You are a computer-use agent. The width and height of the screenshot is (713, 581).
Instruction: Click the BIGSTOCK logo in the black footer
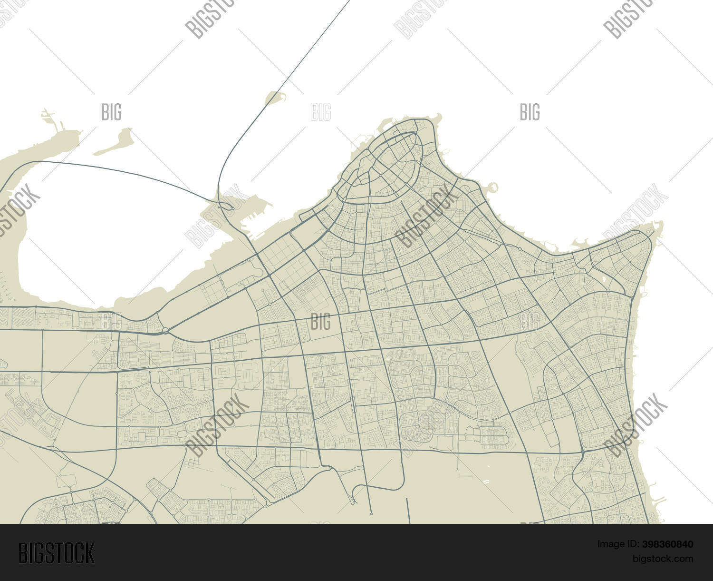click(x=57, y=553)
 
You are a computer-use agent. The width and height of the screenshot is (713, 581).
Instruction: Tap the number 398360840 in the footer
click(x=667, y=544)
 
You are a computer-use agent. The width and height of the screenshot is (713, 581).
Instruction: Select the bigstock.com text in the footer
click(x=662, y=558)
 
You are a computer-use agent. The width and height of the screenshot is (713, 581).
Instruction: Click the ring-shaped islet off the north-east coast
click(x=492, y=187)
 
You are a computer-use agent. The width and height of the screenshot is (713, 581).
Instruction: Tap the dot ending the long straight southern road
click(x=371, y=514)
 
